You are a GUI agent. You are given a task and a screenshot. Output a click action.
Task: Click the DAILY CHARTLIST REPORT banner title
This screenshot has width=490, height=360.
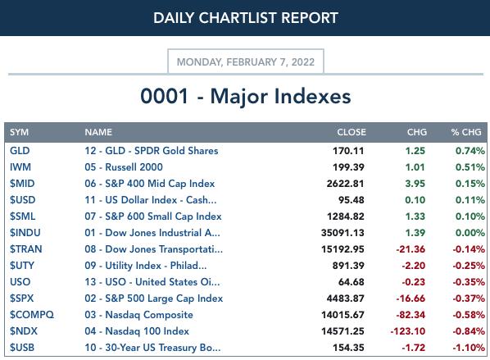tap(246, 18)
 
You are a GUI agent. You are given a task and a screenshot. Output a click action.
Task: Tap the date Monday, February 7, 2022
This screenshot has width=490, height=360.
tap(246, 62)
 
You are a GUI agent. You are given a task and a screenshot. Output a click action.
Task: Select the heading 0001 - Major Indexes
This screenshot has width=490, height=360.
tap(246, 96)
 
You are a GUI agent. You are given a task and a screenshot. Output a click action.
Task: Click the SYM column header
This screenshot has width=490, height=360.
tap(19, 132)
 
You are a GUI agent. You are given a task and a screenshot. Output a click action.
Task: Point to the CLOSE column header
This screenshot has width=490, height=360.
tap(352, 132)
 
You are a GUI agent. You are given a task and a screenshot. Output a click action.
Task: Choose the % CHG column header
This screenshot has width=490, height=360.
tap(466, 132)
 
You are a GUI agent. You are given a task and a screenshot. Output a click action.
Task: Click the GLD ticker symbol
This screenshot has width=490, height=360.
tap(20, 151)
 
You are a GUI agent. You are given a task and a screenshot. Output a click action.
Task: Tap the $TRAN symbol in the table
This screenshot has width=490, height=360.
tap(26, 249)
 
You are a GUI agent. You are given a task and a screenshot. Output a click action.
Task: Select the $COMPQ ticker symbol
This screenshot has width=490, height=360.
tap(32, 315)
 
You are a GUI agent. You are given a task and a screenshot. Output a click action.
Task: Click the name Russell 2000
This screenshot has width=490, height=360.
tap(134, 167)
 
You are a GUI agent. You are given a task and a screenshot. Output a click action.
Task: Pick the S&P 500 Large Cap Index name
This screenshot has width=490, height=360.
tap(164, 298)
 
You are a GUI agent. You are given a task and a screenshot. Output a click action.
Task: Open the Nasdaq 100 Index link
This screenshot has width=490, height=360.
tap(147, 331)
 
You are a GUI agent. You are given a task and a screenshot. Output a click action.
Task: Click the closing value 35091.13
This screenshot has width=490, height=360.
tap(343, 233)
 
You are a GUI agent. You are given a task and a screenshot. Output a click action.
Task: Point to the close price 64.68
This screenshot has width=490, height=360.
tap(352, 282)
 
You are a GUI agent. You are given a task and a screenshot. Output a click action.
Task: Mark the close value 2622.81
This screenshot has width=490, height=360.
tap(345, 184)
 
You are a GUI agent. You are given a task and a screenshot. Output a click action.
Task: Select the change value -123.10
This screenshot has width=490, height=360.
tap(408, 331)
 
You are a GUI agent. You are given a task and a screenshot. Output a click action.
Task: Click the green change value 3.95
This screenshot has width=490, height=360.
tap(415, 184)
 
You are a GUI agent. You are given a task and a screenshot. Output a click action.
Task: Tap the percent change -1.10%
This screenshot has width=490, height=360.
tap(469, 348)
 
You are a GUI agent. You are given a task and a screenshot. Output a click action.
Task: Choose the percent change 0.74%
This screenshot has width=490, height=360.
tap(470, 151)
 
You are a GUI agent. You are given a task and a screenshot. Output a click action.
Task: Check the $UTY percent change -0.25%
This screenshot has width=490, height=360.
tap(469, 266)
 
